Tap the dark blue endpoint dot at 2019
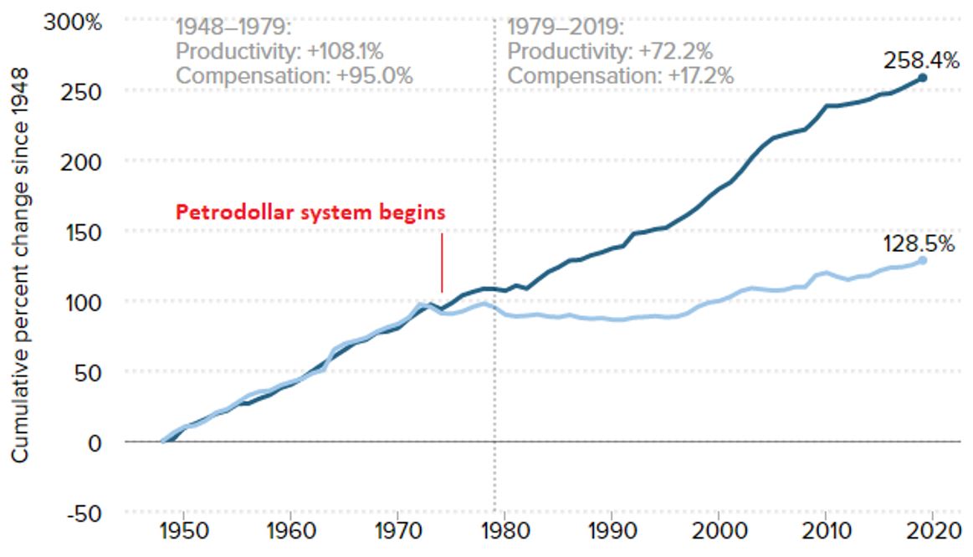click(x=922, y=78)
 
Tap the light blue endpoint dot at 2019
click(x=922, y=260)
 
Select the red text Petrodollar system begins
click(x=310, y=212)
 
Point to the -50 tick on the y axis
click(x=84, y=512)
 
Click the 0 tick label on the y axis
click(x=95, y=442)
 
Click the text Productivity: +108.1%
click(x=279, y=51)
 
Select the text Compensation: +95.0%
click(x=294, y=75)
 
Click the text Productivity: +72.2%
click(x=611, y=51)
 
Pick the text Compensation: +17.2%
click(x=622, y=75)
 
